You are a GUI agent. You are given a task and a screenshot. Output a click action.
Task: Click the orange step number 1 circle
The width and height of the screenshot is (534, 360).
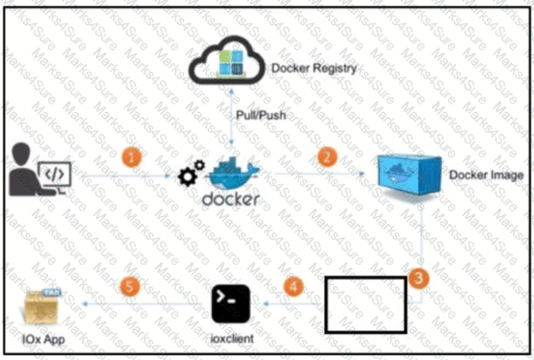click(132, 158)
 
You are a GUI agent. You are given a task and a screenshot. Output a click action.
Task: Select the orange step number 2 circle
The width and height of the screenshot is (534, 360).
click(328, 157)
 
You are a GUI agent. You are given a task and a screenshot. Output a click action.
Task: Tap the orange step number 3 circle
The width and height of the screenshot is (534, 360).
click(418, 278)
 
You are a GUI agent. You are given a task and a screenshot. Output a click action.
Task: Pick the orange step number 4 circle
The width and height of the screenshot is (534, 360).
click(293, 286)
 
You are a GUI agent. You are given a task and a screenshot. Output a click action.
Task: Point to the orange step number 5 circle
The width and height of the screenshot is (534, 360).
click(130, 286)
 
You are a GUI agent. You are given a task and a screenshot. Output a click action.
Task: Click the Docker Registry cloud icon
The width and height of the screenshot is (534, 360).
click(226, 60)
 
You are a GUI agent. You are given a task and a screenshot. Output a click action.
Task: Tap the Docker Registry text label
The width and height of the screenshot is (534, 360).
click(314, 68)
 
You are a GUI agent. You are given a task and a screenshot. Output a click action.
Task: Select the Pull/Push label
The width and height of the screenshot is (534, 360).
click(261, 115)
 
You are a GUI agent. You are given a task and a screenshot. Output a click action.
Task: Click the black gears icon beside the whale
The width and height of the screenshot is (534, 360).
click(191, 174)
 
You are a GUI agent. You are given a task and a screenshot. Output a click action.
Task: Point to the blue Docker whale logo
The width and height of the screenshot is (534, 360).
click(234, 173)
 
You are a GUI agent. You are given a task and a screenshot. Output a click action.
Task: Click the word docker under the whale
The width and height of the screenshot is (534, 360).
click(231, 199)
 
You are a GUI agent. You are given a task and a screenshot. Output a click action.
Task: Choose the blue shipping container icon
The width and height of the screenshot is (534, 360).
click(410, 175)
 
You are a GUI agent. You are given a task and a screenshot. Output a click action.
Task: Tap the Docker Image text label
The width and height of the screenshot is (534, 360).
click(486, 175)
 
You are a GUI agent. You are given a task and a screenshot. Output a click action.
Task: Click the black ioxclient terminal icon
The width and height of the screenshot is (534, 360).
click(231, 303)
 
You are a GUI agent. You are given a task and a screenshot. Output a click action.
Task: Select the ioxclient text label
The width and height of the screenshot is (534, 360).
click(232, 339)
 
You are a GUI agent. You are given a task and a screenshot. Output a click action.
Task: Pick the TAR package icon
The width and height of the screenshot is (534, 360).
click(42, 306)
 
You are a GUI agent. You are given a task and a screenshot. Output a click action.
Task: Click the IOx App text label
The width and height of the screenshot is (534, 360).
click(43, 340)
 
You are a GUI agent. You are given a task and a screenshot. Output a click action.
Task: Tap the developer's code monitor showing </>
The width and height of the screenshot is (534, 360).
click(55, 175)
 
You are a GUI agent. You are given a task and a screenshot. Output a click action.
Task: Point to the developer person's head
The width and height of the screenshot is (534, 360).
click(21, 154)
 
